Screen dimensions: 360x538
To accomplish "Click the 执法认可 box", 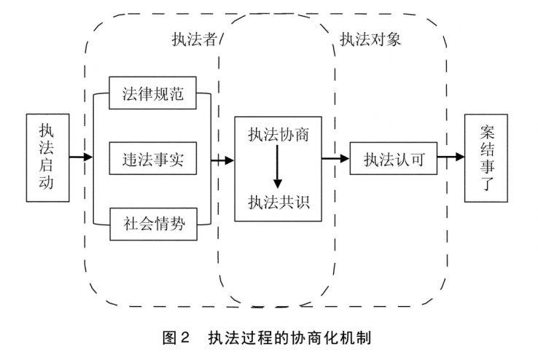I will pyautogui.click(x=394, y=158).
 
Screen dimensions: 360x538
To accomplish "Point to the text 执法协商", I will pyautogui.click(x=278, y=136).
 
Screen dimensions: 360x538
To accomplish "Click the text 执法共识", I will pyautogui.click(x=278, y=203).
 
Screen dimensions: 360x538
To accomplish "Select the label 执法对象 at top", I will pyautogui.click(x=370, y=39).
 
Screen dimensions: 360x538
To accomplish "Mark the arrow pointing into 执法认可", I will pyautogui.click(x=335, y=158).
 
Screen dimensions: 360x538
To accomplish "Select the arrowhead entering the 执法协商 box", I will pyautogui.click(x=228, y=160).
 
